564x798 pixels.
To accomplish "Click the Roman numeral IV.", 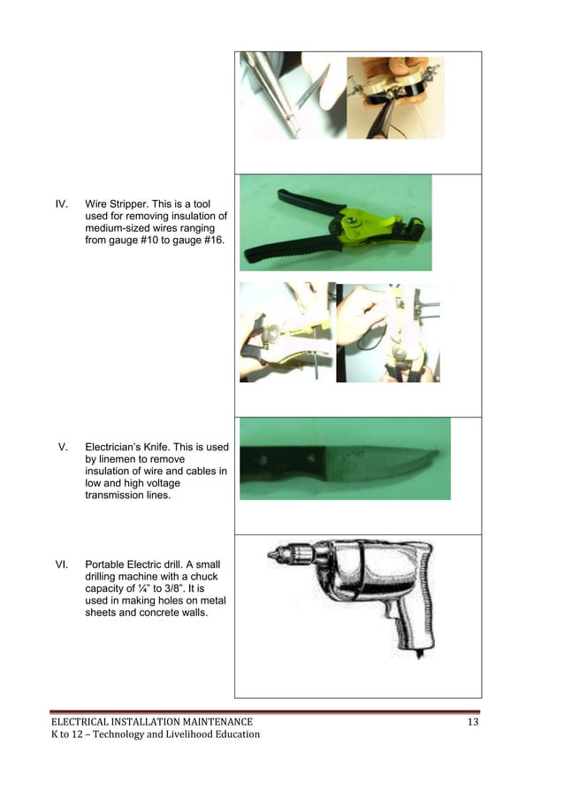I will tap(62, 203).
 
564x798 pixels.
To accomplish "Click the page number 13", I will tap(473, 723).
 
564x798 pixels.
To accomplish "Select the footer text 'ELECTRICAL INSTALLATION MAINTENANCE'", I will tap(151, 723).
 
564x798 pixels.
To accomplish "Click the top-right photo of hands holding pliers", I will tap(394, 97).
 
